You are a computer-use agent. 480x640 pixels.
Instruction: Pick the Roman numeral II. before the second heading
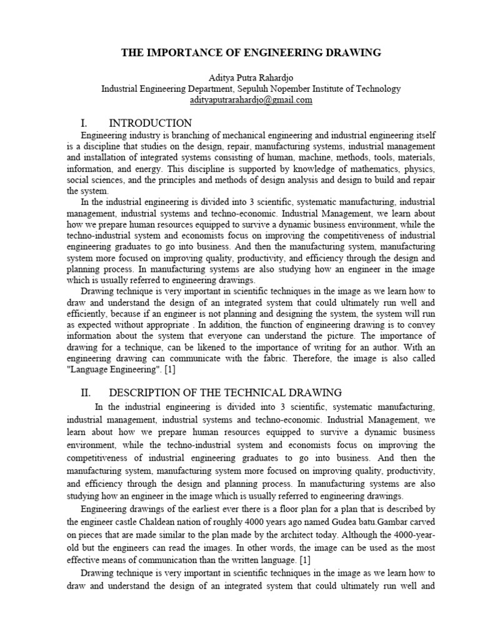[87, 392]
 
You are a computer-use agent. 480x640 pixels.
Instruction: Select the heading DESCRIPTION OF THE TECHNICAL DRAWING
[225, 392]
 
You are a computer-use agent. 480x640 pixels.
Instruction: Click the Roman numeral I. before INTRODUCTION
[87, 122]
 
